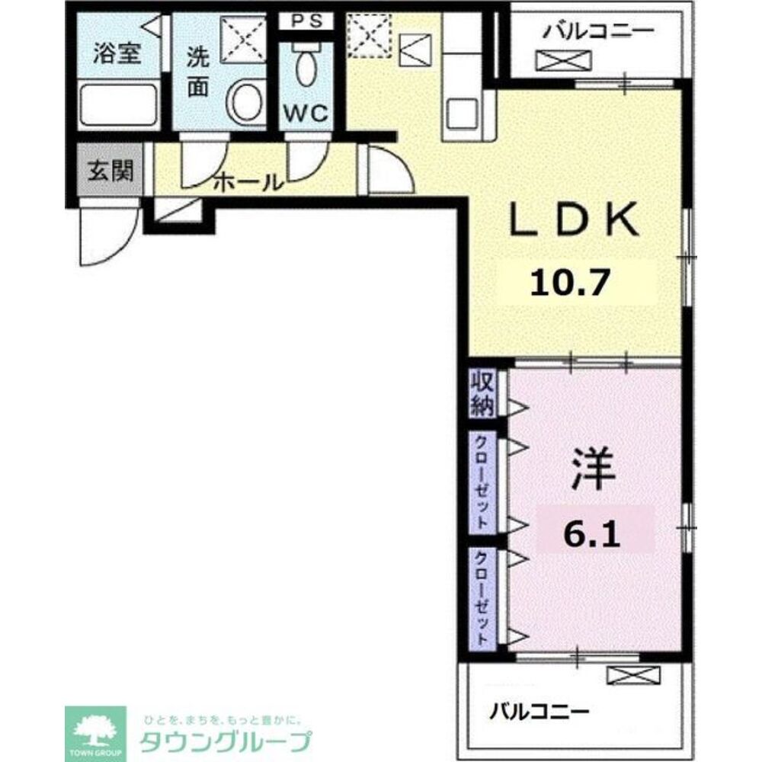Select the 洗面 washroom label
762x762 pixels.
(198, 72)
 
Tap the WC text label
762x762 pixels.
(306, 114)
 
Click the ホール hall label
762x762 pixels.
(248, 183)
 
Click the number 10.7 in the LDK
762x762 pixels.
(570, 283)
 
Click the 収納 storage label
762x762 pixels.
(482, 394)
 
